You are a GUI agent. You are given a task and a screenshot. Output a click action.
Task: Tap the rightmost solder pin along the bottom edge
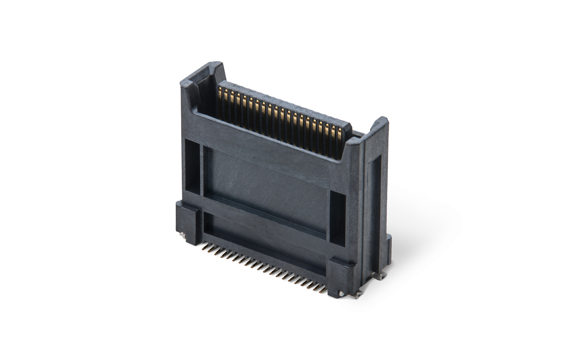[x=324, y=291]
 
